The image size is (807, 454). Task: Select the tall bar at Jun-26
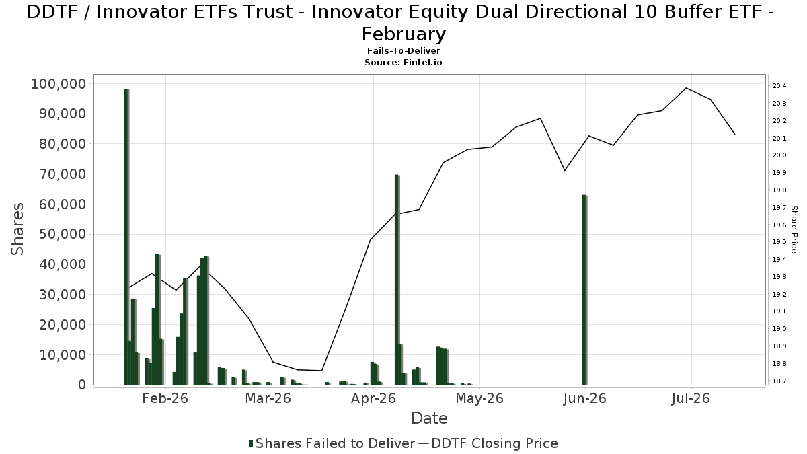pyautogui.click(x=584, y=290)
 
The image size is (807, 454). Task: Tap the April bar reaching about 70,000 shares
pyautogui.click(x=397, y=280)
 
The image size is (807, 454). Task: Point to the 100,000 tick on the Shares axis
pyautogui.click(x=59, y=84)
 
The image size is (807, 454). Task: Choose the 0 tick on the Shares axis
pyautogui.click(x=83, y=385)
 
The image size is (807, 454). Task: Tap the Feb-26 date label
pyautogui.click(x=165, y=398)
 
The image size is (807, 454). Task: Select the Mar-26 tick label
pyautogui.click(x=268, y=398)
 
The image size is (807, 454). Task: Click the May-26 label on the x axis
pyautogui.click(x=479, y=398)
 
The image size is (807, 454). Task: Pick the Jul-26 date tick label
pyautogui.click(x=691, y=398)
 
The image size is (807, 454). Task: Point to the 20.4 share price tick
pyautogui.click(x=779, y=86)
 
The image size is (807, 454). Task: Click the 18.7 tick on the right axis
pyautogui.click(x=779, y=381)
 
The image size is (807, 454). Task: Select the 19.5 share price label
pyautogui.click(x=779, y=241)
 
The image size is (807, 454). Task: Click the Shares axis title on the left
pyautogui.click(x=17, y=229)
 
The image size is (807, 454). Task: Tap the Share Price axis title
pyautogui.click(x=794, y=229)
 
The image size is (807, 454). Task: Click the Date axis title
pyautogui.click(x=430, y=418)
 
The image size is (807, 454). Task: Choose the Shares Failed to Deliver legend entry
pyautogui.click(x=332, y=443)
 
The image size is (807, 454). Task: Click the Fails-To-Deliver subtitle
pyautogui.click(x=403, y=51)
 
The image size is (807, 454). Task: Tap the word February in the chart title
pyautogui.click(x=403, y=34)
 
